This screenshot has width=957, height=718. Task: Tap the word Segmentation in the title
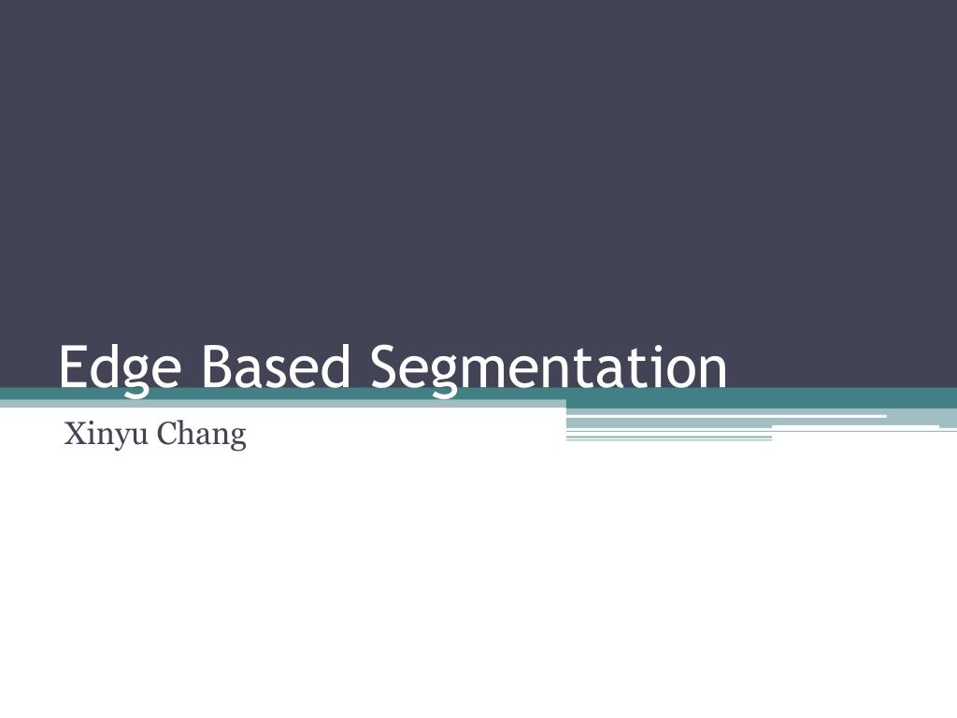coord(549,367)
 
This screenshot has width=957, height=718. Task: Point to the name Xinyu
coord(102,435)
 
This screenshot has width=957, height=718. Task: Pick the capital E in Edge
coord(72,366)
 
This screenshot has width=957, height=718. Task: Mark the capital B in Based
coord(214,366)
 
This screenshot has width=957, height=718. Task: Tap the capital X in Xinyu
coord(72,434)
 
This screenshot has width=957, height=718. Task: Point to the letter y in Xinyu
coord(116,438)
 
